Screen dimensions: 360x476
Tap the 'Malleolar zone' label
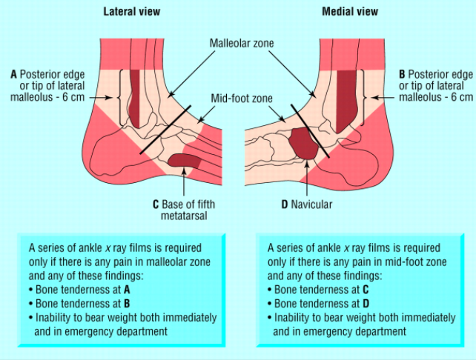(x=241, y=44)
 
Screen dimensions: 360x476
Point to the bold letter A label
(x=13, y=74)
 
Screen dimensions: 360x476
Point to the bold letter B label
(x=402, y=74)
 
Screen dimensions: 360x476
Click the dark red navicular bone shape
(x=304, y=143)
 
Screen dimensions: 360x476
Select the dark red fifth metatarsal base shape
(x=185, y=159)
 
